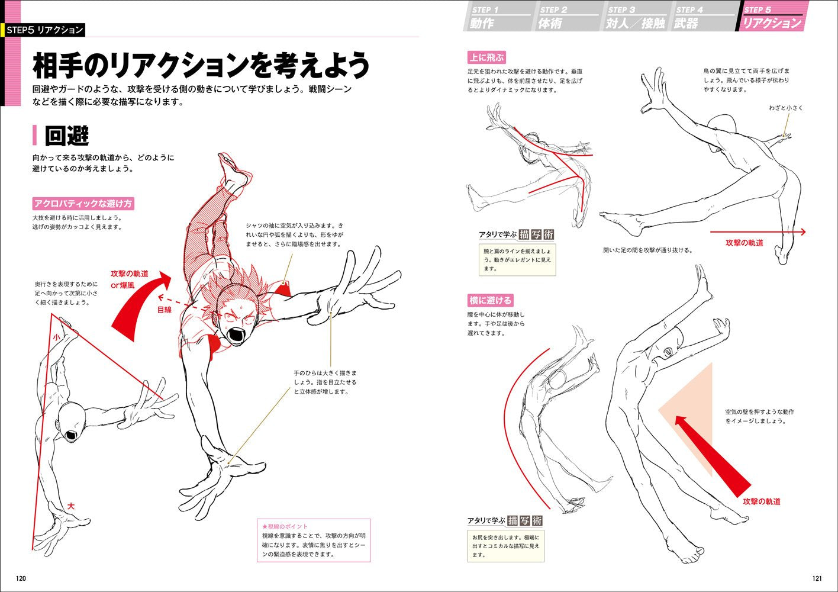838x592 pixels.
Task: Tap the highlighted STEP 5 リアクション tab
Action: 772,18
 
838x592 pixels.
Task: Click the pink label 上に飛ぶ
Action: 486,57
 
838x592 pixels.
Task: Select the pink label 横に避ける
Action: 490,300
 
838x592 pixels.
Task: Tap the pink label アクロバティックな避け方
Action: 83,204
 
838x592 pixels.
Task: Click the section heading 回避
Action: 66,136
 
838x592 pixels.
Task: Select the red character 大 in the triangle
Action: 71,507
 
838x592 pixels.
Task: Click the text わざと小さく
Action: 786,108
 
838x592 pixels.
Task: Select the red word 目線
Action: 165,310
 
